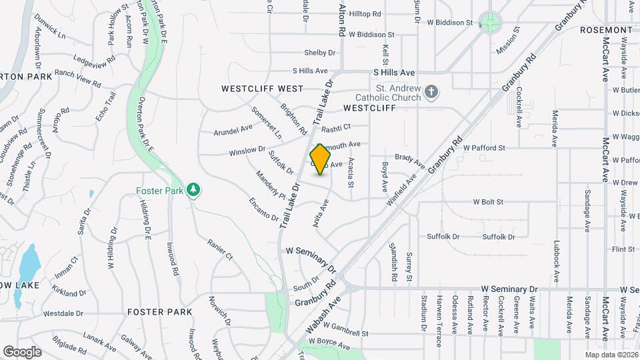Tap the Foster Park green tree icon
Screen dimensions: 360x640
coord(193,191)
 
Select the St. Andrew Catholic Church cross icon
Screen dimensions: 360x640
coord(431,92)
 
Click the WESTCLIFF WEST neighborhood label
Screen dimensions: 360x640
coord(263,89)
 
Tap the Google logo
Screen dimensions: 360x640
coord(22,351)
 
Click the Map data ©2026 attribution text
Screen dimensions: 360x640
coord(611,355)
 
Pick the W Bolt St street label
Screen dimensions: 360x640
coord(488,201)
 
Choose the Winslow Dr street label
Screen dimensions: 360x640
coord(247,152)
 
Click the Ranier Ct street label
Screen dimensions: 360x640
coord(219,250)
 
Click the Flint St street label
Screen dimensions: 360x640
coord(623,249)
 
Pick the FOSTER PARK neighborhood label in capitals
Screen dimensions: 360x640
coord(159,312)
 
